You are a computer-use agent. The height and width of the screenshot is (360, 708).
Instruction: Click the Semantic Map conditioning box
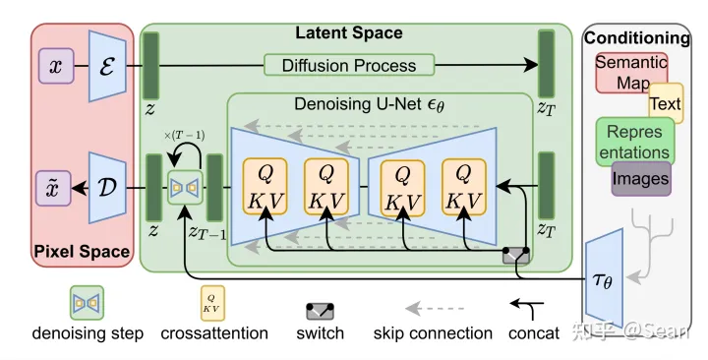629,72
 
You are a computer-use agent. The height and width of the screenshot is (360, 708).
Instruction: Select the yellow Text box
665,103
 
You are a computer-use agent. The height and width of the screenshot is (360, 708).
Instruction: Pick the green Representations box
634,142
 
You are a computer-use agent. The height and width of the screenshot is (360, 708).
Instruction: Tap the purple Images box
640,178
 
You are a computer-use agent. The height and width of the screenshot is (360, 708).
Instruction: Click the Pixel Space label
83,251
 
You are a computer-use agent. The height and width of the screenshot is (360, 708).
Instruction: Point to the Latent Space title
348,33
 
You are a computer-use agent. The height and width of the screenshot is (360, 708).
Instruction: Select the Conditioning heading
637,38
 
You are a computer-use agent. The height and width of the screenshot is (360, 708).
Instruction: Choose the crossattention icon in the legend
212,300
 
